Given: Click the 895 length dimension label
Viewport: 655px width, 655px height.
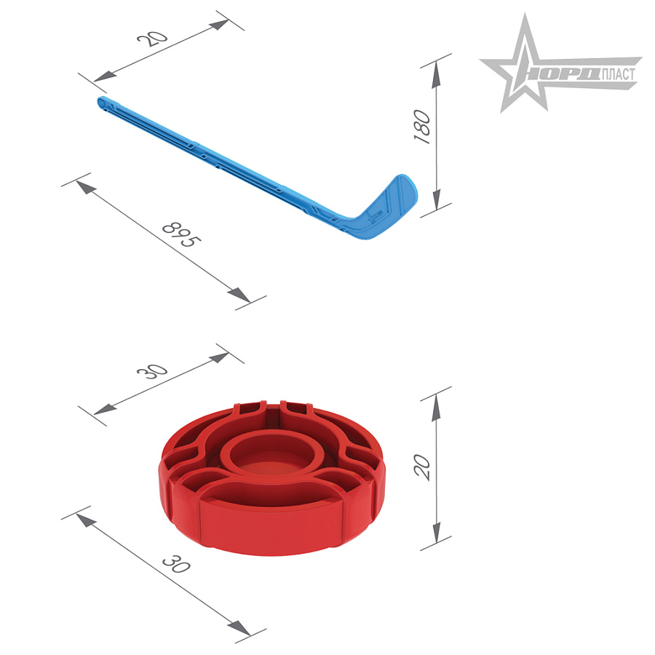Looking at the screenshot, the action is pyautogui.click(x=181, y=234).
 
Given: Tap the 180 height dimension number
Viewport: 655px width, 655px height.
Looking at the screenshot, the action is pyautogui.click(x=422, y=127).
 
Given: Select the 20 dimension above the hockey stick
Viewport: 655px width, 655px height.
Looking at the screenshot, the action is pyautogui.click(x=152, y=38).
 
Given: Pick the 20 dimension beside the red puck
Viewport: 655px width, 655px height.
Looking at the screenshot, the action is pyautogui.click(x=422, y=467).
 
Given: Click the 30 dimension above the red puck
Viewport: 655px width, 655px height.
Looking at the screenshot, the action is pyautogui.click(x=152, y=370).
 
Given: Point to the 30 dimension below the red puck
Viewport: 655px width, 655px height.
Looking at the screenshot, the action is pyautogui.click(x=176, y=563).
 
